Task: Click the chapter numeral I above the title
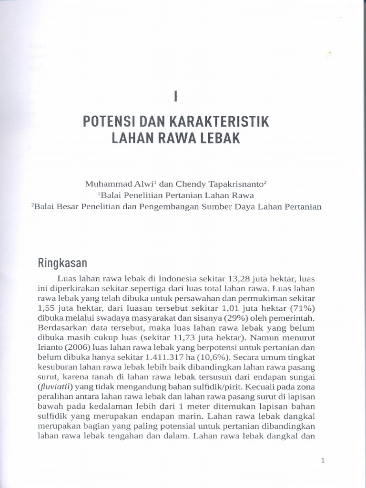click(176, 97)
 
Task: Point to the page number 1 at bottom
click(323, 460)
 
